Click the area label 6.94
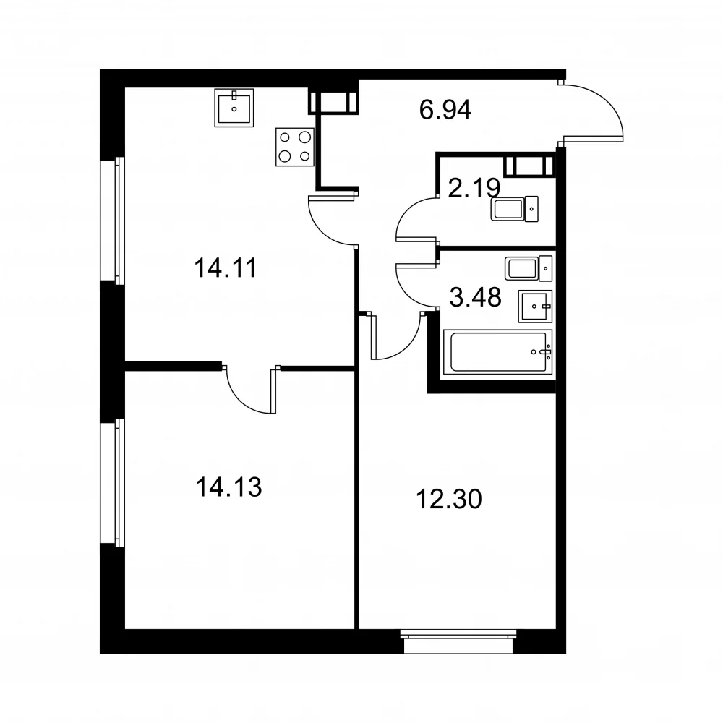(445, 110)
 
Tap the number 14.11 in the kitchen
(226, 268)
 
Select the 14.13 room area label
(228, 487)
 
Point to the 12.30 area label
(449, 499)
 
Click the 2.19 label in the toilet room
(474, 188)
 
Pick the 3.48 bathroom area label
(476, 297)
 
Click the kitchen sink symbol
(234, 108)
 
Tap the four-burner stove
(295, 147)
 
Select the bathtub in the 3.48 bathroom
(498, 352)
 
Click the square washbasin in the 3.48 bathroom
(535, 306)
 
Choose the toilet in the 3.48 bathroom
(529, 268)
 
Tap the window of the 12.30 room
(458, 641)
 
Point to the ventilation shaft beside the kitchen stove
(333, 103)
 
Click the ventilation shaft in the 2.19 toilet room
(529, 166)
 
